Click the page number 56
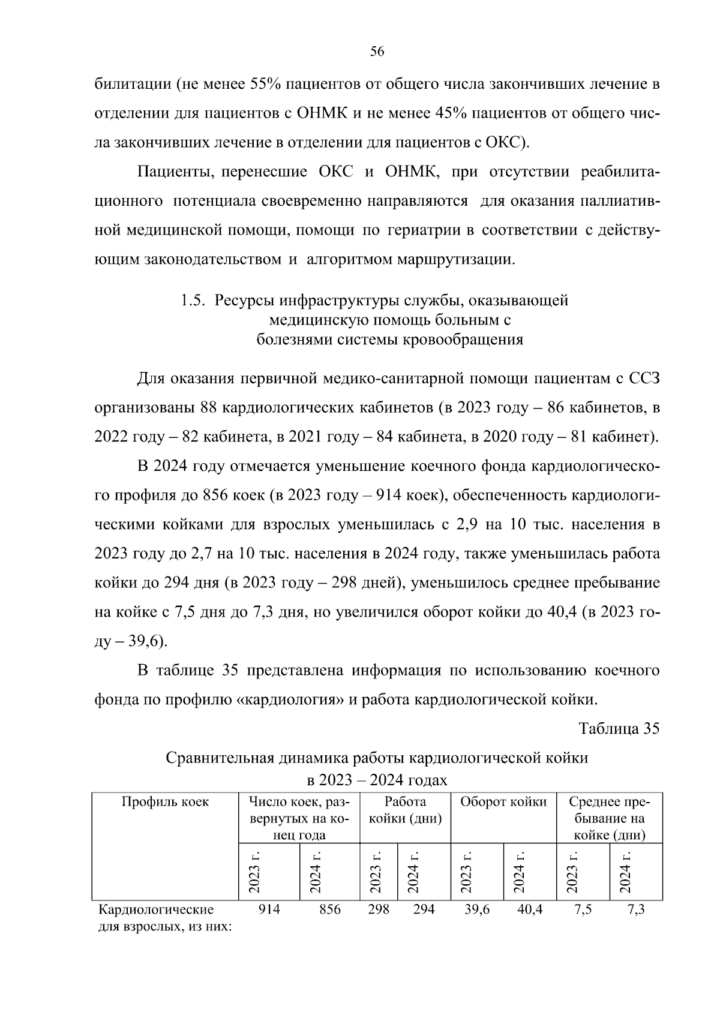(377, 52)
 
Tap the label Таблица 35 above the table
(619, 728)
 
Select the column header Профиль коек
(166, 802)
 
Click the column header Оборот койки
(503, 802)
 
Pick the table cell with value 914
(269, 909)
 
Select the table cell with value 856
(329, 909)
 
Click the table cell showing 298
(378, 909)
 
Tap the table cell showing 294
(424, 909)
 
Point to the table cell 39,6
(477, 909)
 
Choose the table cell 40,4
(530, 909)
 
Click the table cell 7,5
(583, 909)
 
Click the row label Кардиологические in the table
(157, 909)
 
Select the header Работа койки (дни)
(405, 810)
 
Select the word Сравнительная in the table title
(220, 758)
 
